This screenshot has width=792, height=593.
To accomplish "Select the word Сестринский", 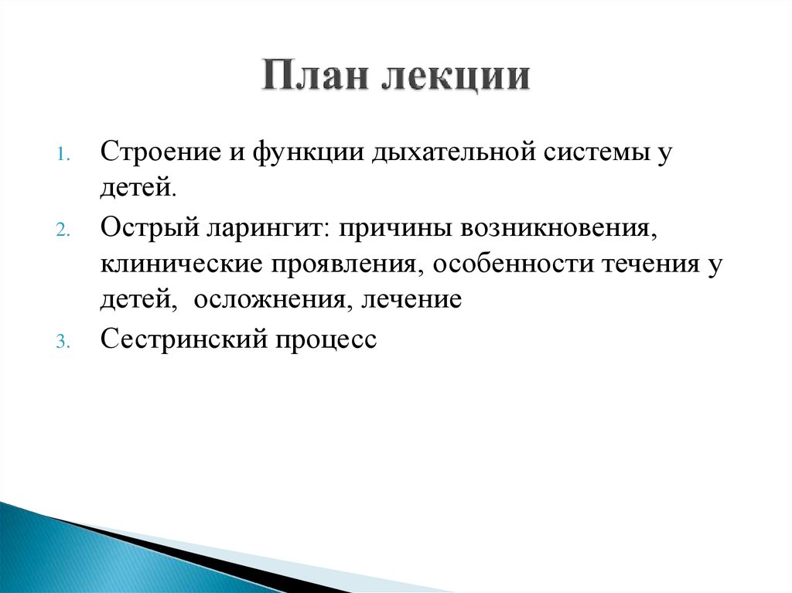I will point(179,339).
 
